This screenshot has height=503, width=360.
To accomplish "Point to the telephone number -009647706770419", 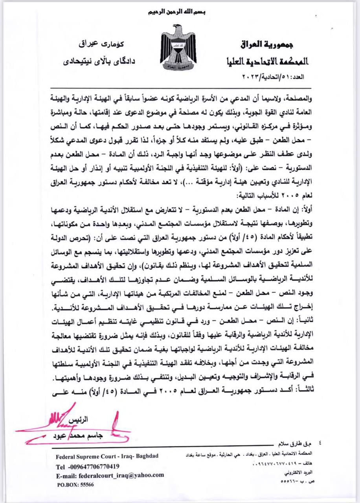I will (x=88, y=466).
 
